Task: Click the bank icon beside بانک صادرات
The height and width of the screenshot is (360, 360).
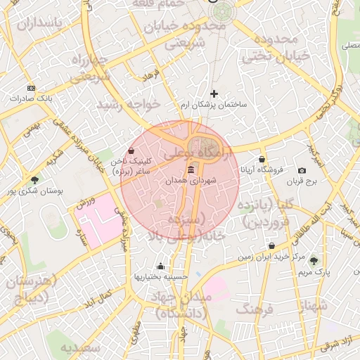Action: click(31, 88)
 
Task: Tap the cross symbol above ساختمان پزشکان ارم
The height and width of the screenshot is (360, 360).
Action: click(214, 94)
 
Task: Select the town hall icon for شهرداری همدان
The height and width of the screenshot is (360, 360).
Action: click(191, 171)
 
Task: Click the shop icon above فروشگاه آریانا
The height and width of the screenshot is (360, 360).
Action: click(262, 160)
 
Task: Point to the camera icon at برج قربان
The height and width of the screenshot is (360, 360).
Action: click(302, 171)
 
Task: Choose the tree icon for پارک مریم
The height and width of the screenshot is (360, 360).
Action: click(314, 261)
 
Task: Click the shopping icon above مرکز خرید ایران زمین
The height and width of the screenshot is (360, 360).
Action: click(272, 246)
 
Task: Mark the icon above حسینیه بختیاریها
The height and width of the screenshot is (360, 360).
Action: click(161, 266)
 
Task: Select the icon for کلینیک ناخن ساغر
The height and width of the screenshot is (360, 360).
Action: click(132, 150)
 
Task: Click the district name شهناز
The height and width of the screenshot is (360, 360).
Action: click(313, 306)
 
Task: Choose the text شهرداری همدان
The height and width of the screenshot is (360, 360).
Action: click(191, 181)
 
